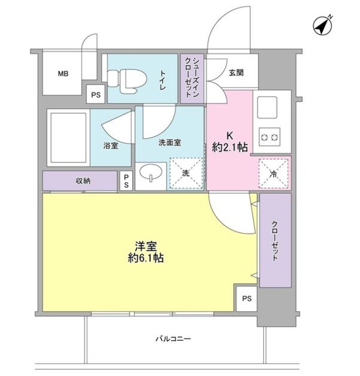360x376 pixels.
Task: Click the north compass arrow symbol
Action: click(320, 26)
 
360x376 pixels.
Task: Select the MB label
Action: click(63, 74)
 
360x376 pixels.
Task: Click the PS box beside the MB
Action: click(95, 94)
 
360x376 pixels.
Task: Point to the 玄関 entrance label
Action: click(236, 73)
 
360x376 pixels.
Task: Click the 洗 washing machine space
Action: click(185, 173)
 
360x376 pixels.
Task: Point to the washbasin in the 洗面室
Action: click(151, 173)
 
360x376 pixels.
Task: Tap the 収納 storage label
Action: click(83, 181)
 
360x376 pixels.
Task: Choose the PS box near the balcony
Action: click(246, 298)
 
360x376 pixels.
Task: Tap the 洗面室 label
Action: click(169, 142)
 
